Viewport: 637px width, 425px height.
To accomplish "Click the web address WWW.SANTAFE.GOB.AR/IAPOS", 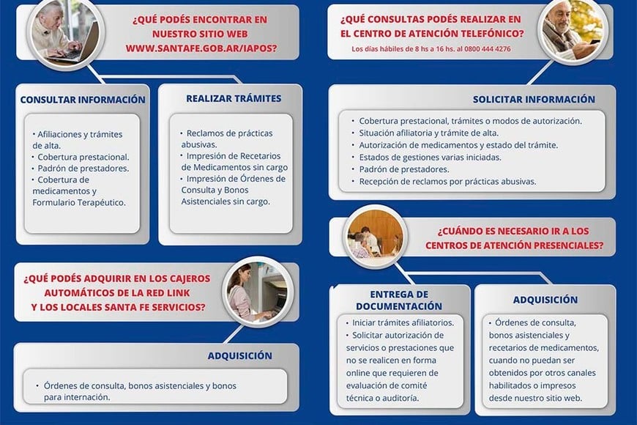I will point(201,48).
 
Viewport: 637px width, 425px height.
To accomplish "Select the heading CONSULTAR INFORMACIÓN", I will point(83,100).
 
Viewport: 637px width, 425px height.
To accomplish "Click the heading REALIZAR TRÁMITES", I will point(234,98).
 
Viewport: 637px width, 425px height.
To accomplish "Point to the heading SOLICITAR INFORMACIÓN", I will point(534,99).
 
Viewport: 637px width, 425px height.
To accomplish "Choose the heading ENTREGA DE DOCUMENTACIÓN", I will point(400,300).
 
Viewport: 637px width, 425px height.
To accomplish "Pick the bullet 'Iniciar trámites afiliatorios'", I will point(403,322).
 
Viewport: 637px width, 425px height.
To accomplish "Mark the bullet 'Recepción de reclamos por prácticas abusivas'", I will point(447,181).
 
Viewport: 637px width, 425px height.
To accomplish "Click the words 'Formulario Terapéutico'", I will point(78,202).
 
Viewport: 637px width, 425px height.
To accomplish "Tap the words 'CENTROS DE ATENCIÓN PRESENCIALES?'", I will point(514,245).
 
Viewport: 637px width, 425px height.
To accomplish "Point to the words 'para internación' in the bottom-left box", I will point(76,397).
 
